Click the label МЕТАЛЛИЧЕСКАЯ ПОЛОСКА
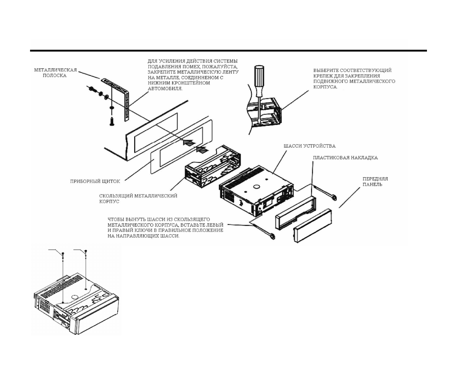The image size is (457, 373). [55, 73]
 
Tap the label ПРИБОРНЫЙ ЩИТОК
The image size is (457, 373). [95, 181]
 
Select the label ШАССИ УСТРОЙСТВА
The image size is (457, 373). [309, 146]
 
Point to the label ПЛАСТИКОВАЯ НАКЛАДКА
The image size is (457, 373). [345, 158]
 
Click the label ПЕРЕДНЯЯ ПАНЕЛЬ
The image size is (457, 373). [375, 182]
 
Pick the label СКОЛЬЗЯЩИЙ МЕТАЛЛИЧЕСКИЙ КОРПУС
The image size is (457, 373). [138, 199]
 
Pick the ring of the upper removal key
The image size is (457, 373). [334, 198]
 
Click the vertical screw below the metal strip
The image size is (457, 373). [112, 121]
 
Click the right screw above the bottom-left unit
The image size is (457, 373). [86, 252]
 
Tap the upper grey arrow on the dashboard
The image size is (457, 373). [188, 143]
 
